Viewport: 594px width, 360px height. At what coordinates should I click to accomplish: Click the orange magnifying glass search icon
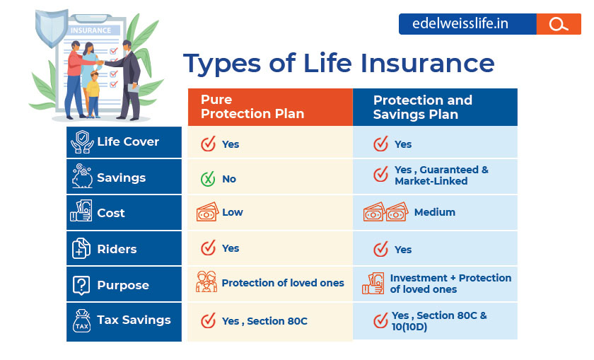559,24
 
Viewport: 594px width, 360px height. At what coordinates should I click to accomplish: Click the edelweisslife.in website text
464,24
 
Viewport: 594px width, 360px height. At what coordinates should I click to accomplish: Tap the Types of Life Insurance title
339,64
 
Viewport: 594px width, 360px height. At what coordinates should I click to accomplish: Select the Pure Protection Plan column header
252,108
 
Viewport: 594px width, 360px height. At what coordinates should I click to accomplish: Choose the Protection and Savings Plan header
423,108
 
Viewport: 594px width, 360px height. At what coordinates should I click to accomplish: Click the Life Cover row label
128,141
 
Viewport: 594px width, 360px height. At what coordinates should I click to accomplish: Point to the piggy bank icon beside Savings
82,177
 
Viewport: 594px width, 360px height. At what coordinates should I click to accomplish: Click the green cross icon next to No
208,179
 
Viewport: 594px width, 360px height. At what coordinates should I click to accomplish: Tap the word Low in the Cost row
232,212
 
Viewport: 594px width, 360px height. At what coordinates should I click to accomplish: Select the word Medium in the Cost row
434,212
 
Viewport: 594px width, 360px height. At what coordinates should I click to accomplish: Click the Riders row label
117,249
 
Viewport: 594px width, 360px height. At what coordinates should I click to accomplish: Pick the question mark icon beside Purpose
82,285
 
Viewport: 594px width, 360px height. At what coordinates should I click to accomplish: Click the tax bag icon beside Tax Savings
82,321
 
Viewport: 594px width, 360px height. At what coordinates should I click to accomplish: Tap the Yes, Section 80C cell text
264,321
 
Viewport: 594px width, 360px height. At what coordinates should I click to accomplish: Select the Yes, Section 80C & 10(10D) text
438,321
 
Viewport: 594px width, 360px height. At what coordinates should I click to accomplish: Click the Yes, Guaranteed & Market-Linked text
441,175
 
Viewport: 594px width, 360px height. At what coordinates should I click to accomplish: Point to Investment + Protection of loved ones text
450,284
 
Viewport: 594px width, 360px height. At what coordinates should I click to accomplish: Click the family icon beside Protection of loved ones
206,283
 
